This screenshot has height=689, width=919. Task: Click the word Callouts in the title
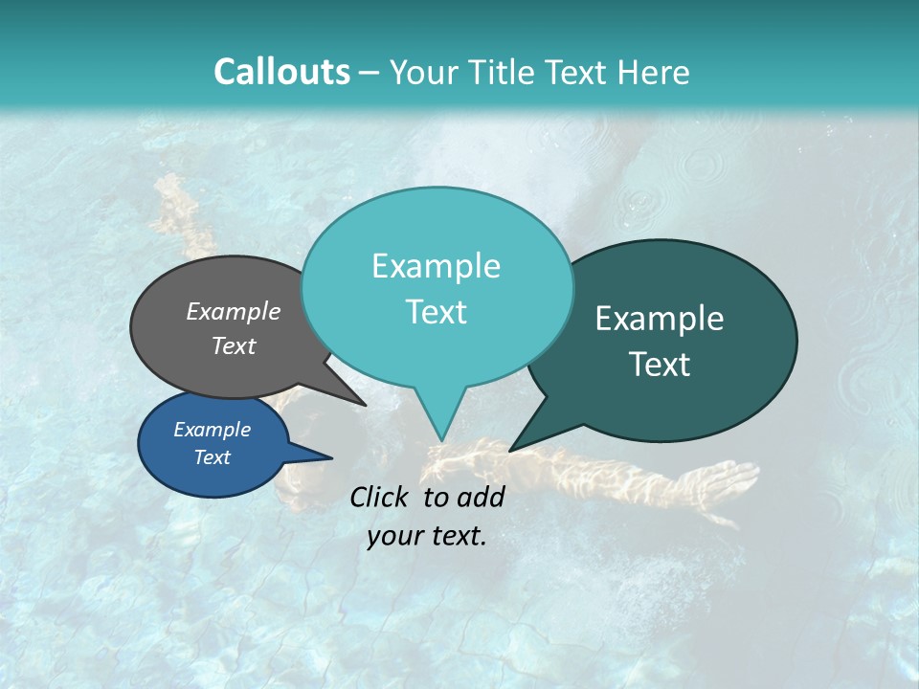[x=281, y=72]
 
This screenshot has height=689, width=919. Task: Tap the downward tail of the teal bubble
[x=440, y=421]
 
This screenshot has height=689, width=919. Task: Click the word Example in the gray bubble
[x=234, y=312]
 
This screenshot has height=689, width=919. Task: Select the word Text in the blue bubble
[x=212, y=457]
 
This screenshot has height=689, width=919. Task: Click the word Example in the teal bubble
[x=436, y=266]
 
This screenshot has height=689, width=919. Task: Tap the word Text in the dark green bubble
[x=661, y=365]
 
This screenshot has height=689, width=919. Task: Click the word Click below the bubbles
[x=380, y=497]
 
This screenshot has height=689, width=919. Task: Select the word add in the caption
[x=481, y=497]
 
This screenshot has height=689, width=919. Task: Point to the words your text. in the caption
[x=427, y=536]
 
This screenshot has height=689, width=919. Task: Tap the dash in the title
[x=370, y=73]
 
